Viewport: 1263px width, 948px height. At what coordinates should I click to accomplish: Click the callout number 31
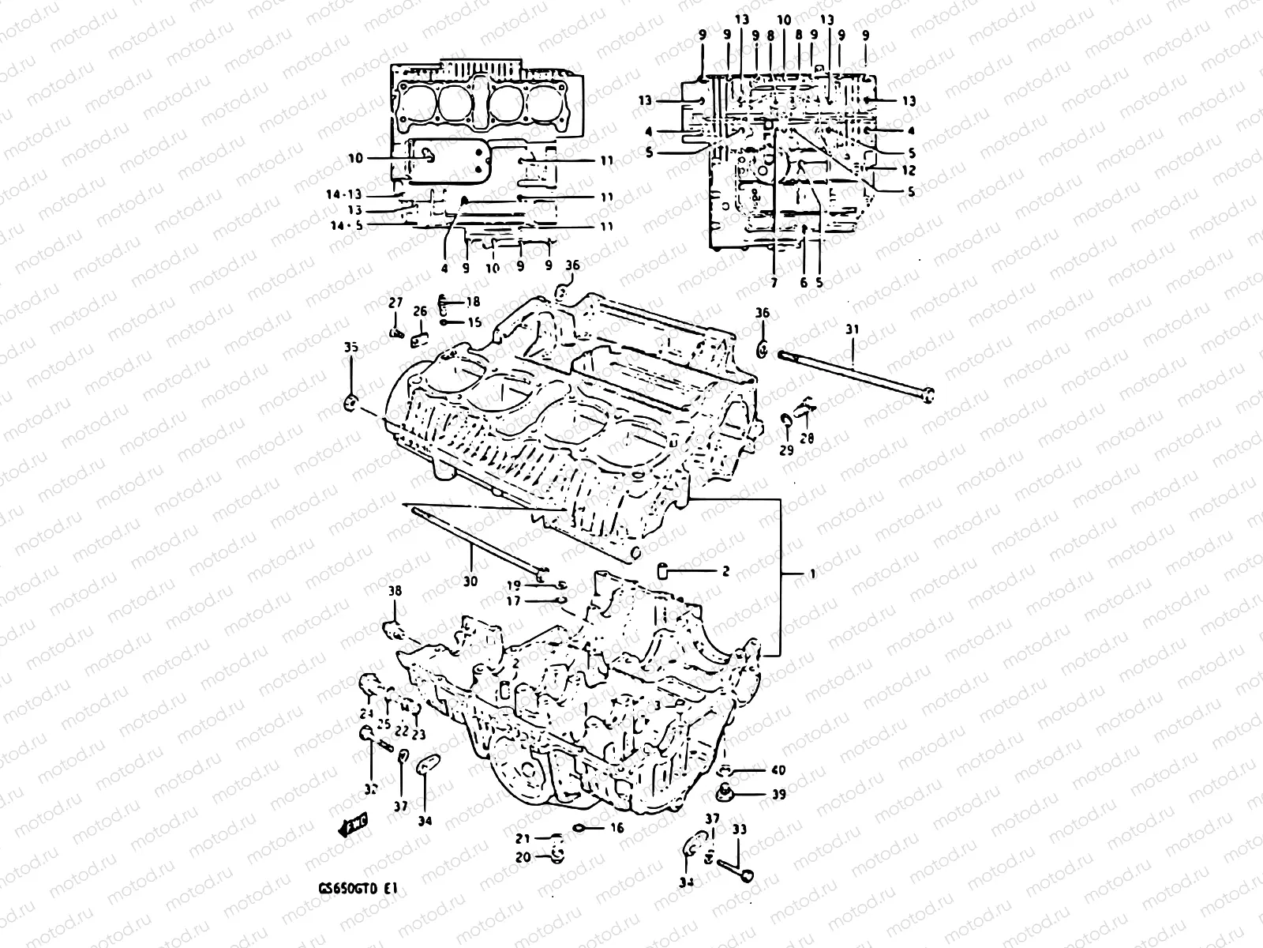click(x=851, y=329)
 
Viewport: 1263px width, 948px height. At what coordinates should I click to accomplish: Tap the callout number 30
click(x=470, y=581)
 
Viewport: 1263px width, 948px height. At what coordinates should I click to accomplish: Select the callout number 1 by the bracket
click(x=812, y=575)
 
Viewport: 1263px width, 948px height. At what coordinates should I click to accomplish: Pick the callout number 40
click(x=778, y=769)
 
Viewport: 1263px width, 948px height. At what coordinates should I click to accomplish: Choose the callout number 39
click(x=778, y=794)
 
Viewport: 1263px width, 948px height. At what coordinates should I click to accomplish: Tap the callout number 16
click(x=617, y=828)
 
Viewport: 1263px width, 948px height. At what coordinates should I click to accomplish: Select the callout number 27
click(x=395, y=303)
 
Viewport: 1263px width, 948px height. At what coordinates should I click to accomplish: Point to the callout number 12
click(x=909, y=171)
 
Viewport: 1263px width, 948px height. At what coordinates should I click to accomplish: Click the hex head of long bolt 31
click(x=929, y=395)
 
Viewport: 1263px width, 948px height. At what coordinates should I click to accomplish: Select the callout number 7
click(x=774, y=281)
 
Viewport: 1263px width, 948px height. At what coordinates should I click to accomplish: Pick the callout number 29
click(x=786, y=450)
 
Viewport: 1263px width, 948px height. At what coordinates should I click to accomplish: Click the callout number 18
click(x=472, y=303)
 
